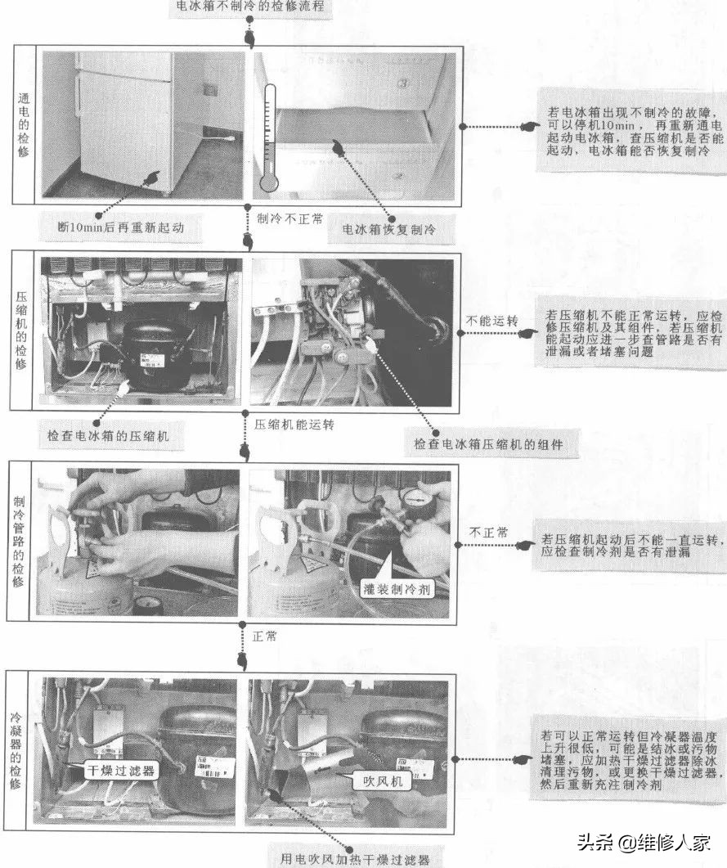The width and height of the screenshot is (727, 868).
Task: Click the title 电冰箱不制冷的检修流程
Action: pos(250,7)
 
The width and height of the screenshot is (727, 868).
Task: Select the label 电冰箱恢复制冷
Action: pos(390,231)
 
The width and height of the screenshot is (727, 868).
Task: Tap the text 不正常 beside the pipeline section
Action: pos(488,533)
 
